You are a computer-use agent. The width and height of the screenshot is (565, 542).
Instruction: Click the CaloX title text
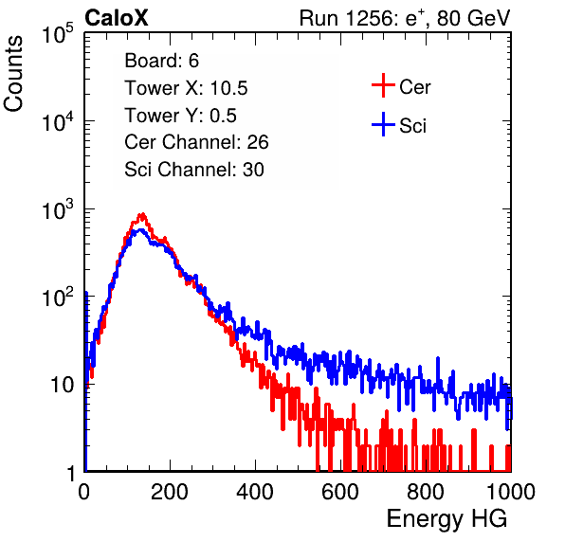pos(117,18)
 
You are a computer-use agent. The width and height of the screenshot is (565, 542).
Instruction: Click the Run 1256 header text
pos(405,18)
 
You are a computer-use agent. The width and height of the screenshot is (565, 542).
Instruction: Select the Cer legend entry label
pos(414,87)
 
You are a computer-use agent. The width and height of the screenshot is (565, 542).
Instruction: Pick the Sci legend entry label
pos(412,126)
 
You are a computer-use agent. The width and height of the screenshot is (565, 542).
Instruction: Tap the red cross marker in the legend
pos(383,85)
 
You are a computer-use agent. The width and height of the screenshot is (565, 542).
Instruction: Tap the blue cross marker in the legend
pos(383,124)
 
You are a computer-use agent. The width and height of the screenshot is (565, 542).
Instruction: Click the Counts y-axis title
pos(13,74)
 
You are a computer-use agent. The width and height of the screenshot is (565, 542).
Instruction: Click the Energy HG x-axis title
pos(447,519)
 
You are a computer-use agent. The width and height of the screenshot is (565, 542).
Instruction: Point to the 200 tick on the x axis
pos(170,492)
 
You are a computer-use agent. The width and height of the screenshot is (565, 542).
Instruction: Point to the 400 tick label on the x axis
pos(255,492)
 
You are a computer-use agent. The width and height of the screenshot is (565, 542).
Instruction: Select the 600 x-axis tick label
pos(340,492)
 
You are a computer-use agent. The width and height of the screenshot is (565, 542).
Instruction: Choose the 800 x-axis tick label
pos(426,492)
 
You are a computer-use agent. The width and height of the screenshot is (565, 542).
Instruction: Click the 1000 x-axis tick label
pos(510,492)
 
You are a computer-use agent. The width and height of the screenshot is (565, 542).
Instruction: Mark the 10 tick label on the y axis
pos(62,385)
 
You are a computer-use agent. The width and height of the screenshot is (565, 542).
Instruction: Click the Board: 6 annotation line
pos(161,61)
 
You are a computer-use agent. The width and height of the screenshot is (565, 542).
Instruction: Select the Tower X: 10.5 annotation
pos(186,88)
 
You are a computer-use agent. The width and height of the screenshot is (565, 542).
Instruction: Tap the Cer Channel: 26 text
pos(196,142)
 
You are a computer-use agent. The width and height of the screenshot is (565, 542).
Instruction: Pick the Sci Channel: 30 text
pos(194,170)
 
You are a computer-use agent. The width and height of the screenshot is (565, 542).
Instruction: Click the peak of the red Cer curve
pos(142,214)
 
